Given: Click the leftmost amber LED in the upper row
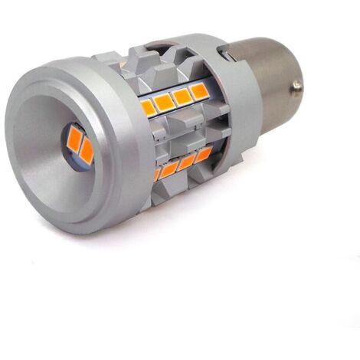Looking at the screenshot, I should click(x=148, y=106).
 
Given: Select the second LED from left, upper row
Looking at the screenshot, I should click(x=164, y=101).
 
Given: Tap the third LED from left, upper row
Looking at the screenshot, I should click(x=182, y=97).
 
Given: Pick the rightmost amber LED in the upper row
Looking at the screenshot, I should click(x=200, y=91).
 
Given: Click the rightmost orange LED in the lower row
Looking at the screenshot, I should click(x=203, y=154).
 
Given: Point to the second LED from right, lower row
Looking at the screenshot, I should click(x=187, y=160).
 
